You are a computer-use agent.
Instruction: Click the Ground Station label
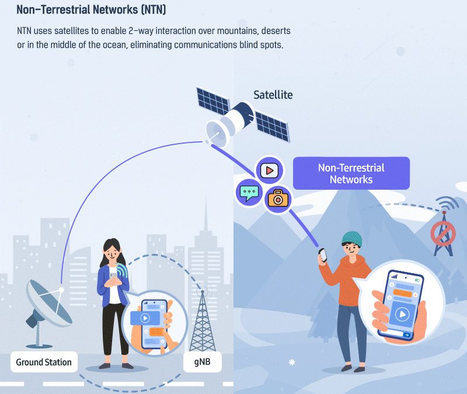(44, 362)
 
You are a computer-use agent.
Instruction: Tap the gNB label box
(202, 362)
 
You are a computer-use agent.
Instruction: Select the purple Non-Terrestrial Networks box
(351, 173)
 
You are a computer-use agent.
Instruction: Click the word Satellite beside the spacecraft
(273, 95)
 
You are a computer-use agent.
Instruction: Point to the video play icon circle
(270, 170)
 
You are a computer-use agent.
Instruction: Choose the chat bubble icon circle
(249, 193)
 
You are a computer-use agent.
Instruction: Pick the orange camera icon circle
(278, 199)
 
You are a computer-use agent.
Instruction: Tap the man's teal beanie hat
(352, 239)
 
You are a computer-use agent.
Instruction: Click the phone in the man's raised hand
(323, 255)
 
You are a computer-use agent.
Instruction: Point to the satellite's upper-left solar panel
(213, 101)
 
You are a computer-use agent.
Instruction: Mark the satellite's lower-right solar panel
(272, 126)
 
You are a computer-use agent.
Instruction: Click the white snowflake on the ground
(292, 362)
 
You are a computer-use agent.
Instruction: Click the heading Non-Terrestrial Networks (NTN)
(91, 9)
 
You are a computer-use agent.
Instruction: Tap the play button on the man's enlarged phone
(402, 314)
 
